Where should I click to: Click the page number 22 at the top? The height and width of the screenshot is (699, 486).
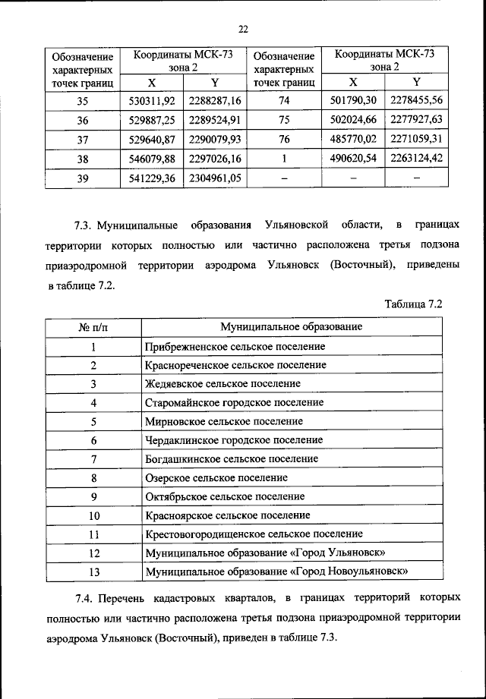point(243,30)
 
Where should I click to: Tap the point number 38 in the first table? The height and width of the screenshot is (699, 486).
point(83,160)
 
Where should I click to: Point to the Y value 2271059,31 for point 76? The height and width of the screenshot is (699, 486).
point(417,140)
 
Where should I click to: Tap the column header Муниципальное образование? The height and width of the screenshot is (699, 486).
point(291,326)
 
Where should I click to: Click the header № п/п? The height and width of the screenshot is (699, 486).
point(93,326)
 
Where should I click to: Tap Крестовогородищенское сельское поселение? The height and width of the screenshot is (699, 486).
point(254,534)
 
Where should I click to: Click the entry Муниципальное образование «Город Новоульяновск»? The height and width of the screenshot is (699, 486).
point(277,571)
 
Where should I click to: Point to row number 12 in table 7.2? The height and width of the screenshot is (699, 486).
point(93,553)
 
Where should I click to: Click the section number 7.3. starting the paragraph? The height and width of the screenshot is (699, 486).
point(85,225)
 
